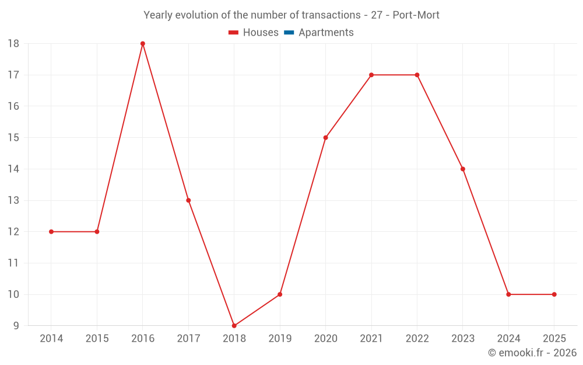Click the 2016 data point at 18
tap(143, 44)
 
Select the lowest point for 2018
tap(234, 325)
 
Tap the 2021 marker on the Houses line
tap(371, 75)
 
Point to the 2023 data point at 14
tap(463, 169)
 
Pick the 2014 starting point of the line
tap(51, 232)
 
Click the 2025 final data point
tap(554, 294)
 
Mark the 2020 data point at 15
tap(326, 138)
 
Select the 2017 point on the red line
tap(188, 200)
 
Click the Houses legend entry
tap(254, 32)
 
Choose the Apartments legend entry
tap(319, 32)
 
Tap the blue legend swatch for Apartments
tap(289, 33)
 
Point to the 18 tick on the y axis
tap(13, 44)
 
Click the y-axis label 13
tap(13, 200)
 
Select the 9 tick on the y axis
tap(16, 326)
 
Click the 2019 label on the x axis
tap(280, 338)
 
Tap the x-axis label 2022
tap(417, 338)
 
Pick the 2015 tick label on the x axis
tap(97, 338)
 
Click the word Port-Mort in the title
tap(416, 15)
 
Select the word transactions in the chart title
tap(331, 15)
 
